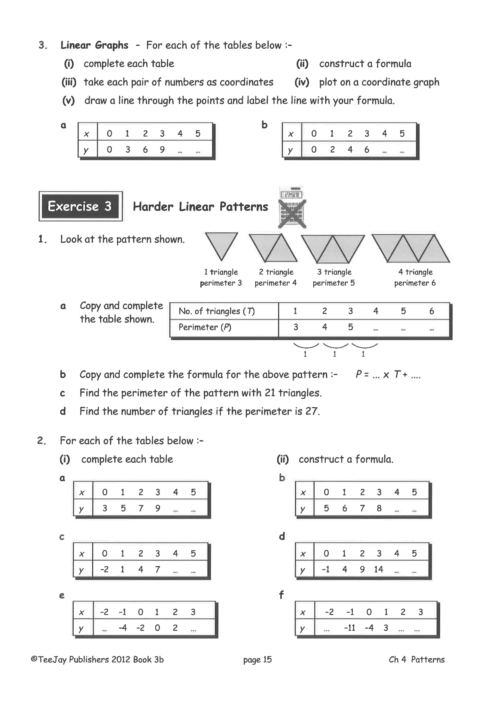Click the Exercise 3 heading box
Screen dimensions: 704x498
pos(80,206)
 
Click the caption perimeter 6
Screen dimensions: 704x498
pos(415,283)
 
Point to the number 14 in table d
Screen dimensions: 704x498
pos(378,569)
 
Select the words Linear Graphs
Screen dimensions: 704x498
pos(94,45)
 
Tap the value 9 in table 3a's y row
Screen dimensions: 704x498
pos(162,150)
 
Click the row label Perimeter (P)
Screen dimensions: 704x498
pos(205,327)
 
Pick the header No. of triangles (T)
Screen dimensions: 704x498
pos(216,311)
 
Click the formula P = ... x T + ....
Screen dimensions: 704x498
pos(388,374)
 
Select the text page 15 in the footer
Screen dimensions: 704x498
pos(257,660)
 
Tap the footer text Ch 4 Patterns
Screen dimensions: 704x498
pos(417,660)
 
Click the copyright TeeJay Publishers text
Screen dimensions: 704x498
pos(97,660)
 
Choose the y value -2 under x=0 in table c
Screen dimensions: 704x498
pos(104,569)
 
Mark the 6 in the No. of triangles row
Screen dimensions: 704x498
pos(431,311)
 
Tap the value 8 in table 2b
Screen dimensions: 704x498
pos(379,508)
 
